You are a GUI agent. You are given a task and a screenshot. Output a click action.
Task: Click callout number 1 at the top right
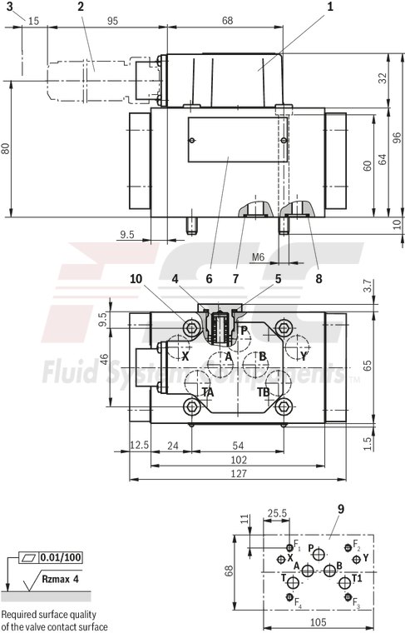(330, 7)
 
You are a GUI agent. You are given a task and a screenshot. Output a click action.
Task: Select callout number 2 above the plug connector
(80, 7)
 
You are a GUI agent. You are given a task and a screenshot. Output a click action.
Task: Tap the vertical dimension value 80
(7, 149)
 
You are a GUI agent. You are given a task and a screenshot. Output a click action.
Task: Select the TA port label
(207, 391)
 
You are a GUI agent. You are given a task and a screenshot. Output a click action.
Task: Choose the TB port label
(264, 391)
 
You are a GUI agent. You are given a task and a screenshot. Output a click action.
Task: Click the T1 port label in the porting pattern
(358, 579)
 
